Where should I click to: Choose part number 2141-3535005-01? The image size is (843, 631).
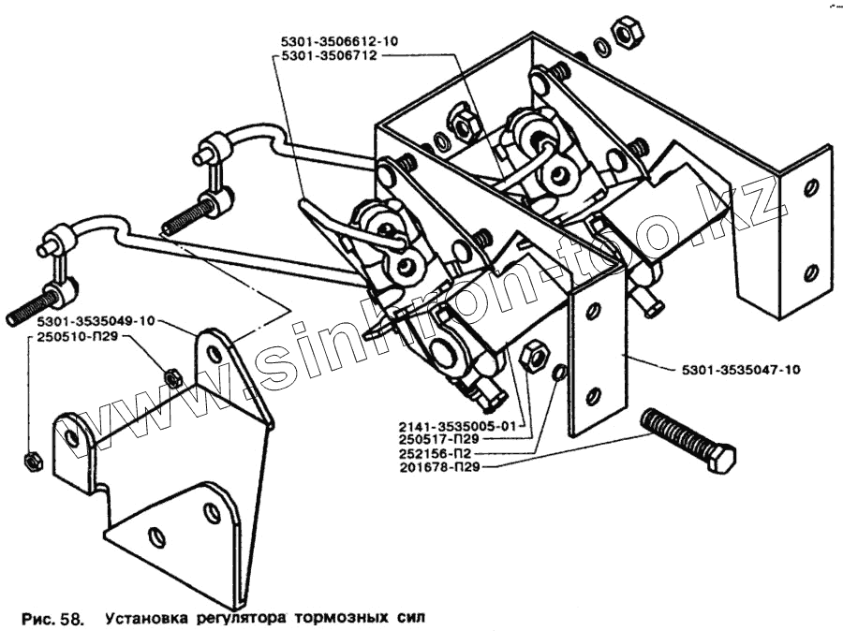click(447, 424)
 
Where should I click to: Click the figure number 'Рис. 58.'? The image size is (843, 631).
click(52, 618)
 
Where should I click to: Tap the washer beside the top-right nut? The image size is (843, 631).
click(599, 47)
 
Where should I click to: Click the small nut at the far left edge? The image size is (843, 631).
click(29, 461)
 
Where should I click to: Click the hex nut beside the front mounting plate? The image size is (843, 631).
click(532, 357)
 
